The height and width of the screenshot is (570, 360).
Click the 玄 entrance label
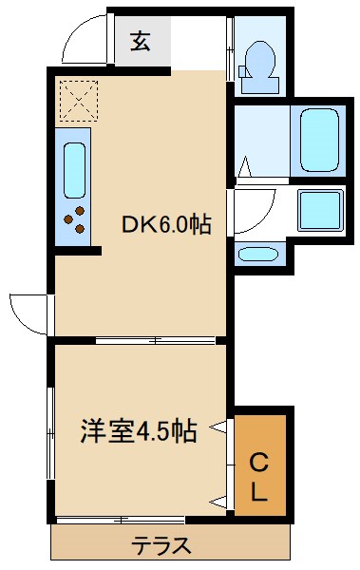[141, 42]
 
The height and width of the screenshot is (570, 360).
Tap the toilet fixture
[257, 59]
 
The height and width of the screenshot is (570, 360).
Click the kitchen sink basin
[74, 168]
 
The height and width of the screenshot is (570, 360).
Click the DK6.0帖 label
[165, 225]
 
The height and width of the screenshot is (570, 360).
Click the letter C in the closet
[259, 463]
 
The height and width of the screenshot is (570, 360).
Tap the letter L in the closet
[259, 492]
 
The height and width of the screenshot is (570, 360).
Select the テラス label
[161, 546]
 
